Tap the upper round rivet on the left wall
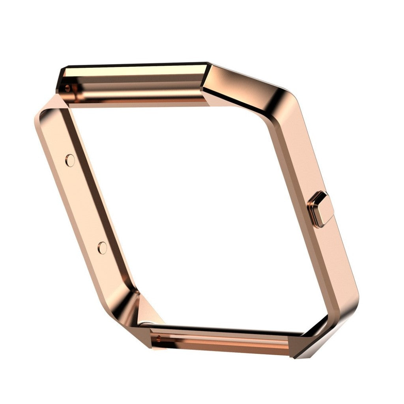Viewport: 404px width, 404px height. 70,160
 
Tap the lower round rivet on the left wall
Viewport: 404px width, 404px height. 102,247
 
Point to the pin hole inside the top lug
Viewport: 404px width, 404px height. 67,88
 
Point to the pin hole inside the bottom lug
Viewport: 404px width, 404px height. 159,338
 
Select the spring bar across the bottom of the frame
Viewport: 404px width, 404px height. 221,340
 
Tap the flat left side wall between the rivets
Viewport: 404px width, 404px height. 85,203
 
